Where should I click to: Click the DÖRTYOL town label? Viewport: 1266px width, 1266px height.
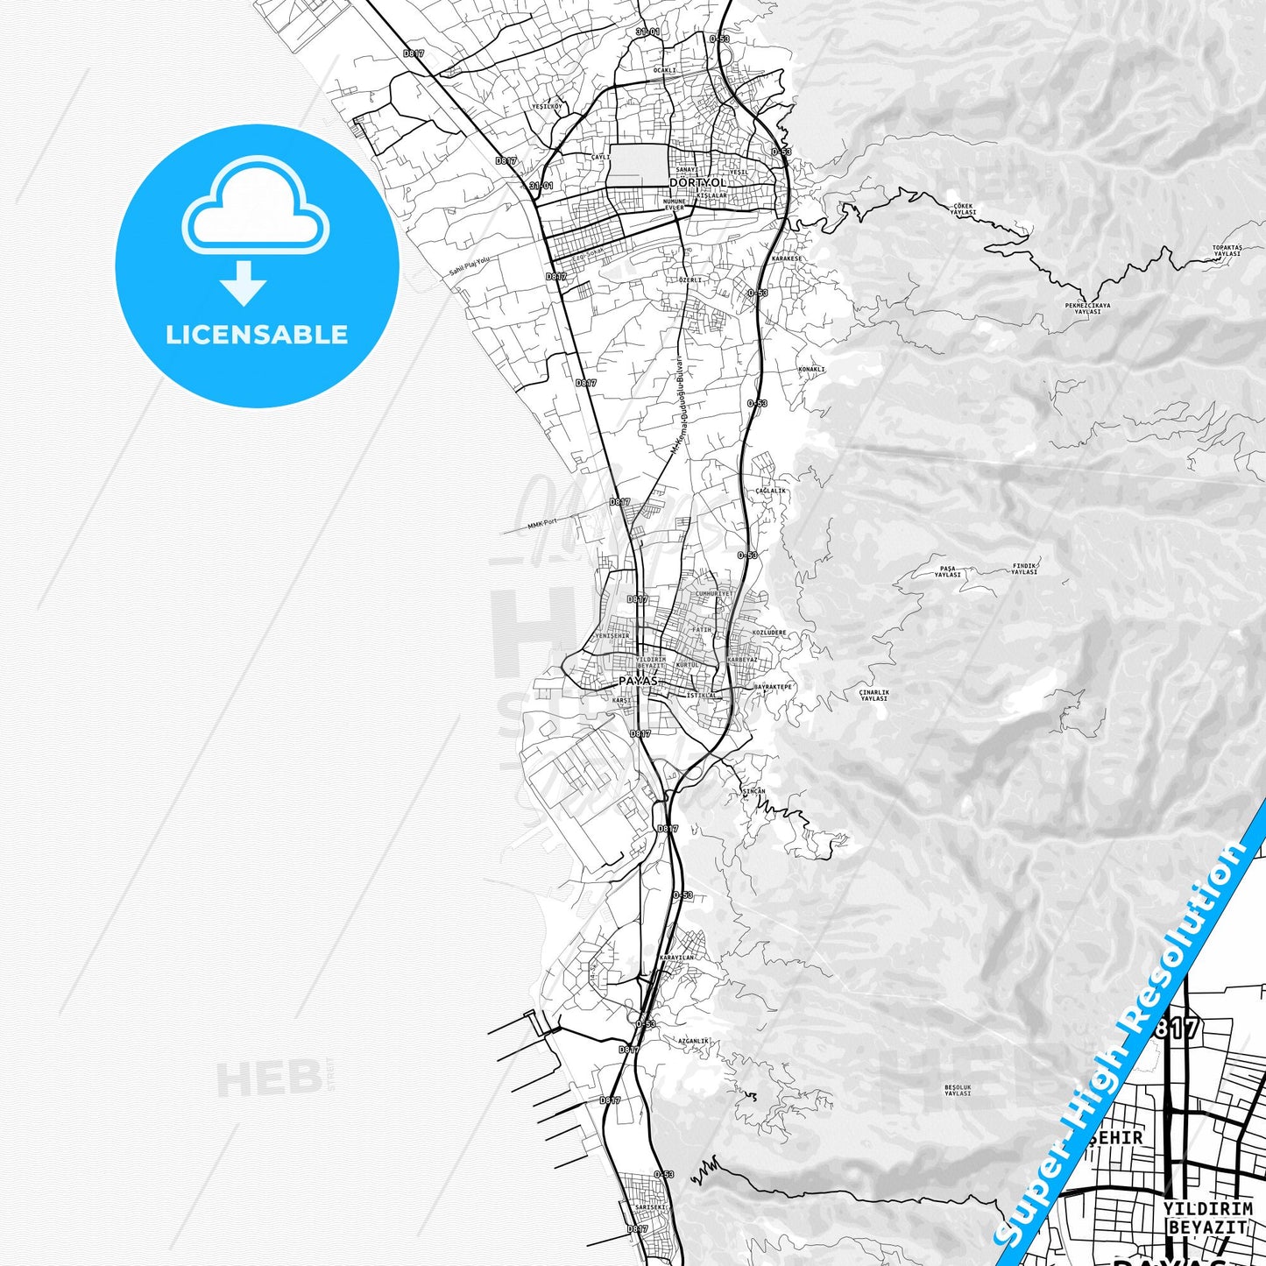tap(697, 183)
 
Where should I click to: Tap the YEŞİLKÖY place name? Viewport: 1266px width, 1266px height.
tap(547, 107)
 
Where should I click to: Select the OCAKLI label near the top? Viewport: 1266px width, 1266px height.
tap(665, 70)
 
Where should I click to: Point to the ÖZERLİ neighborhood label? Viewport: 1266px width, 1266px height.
tap(691, 280)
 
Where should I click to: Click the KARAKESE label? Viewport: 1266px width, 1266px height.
tap(787, 259)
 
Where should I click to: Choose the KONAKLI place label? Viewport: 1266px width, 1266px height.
tap(811, 370)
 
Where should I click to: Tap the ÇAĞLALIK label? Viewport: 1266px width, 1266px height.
tap(770, 491)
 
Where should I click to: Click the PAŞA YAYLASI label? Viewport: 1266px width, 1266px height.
tap(947, 571)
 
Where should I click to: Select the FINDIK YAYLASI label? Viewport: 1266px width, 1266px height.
tap(1024, 569)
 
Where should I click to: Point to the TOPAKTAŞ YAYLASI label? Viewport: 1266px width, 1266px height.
tap(1227, 251)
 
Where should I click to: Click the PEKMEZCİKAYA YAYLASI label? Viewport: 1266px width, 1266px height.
tap(1087, 308)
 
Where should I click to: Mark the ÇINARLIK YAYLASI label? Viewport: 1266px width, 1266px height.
tap(873, 696)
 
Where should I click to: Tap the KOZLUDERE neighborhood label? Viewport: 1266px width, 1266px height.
tap(769, 633)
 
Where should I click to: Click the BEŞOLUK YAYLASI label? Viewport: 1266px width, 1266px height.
tap(958, 1090)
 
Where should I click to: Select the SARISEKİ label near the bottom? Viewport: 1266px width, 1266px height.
tap(650, 1207)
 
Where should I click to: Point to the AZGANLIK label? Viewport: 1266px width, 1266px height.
tap(693, 1041)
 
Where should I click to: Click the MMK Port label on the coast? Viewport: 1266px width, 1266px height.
tap(542, 524)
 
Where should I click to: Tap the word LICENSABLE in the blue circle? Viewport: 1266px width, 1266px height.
tap(257, 335)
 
